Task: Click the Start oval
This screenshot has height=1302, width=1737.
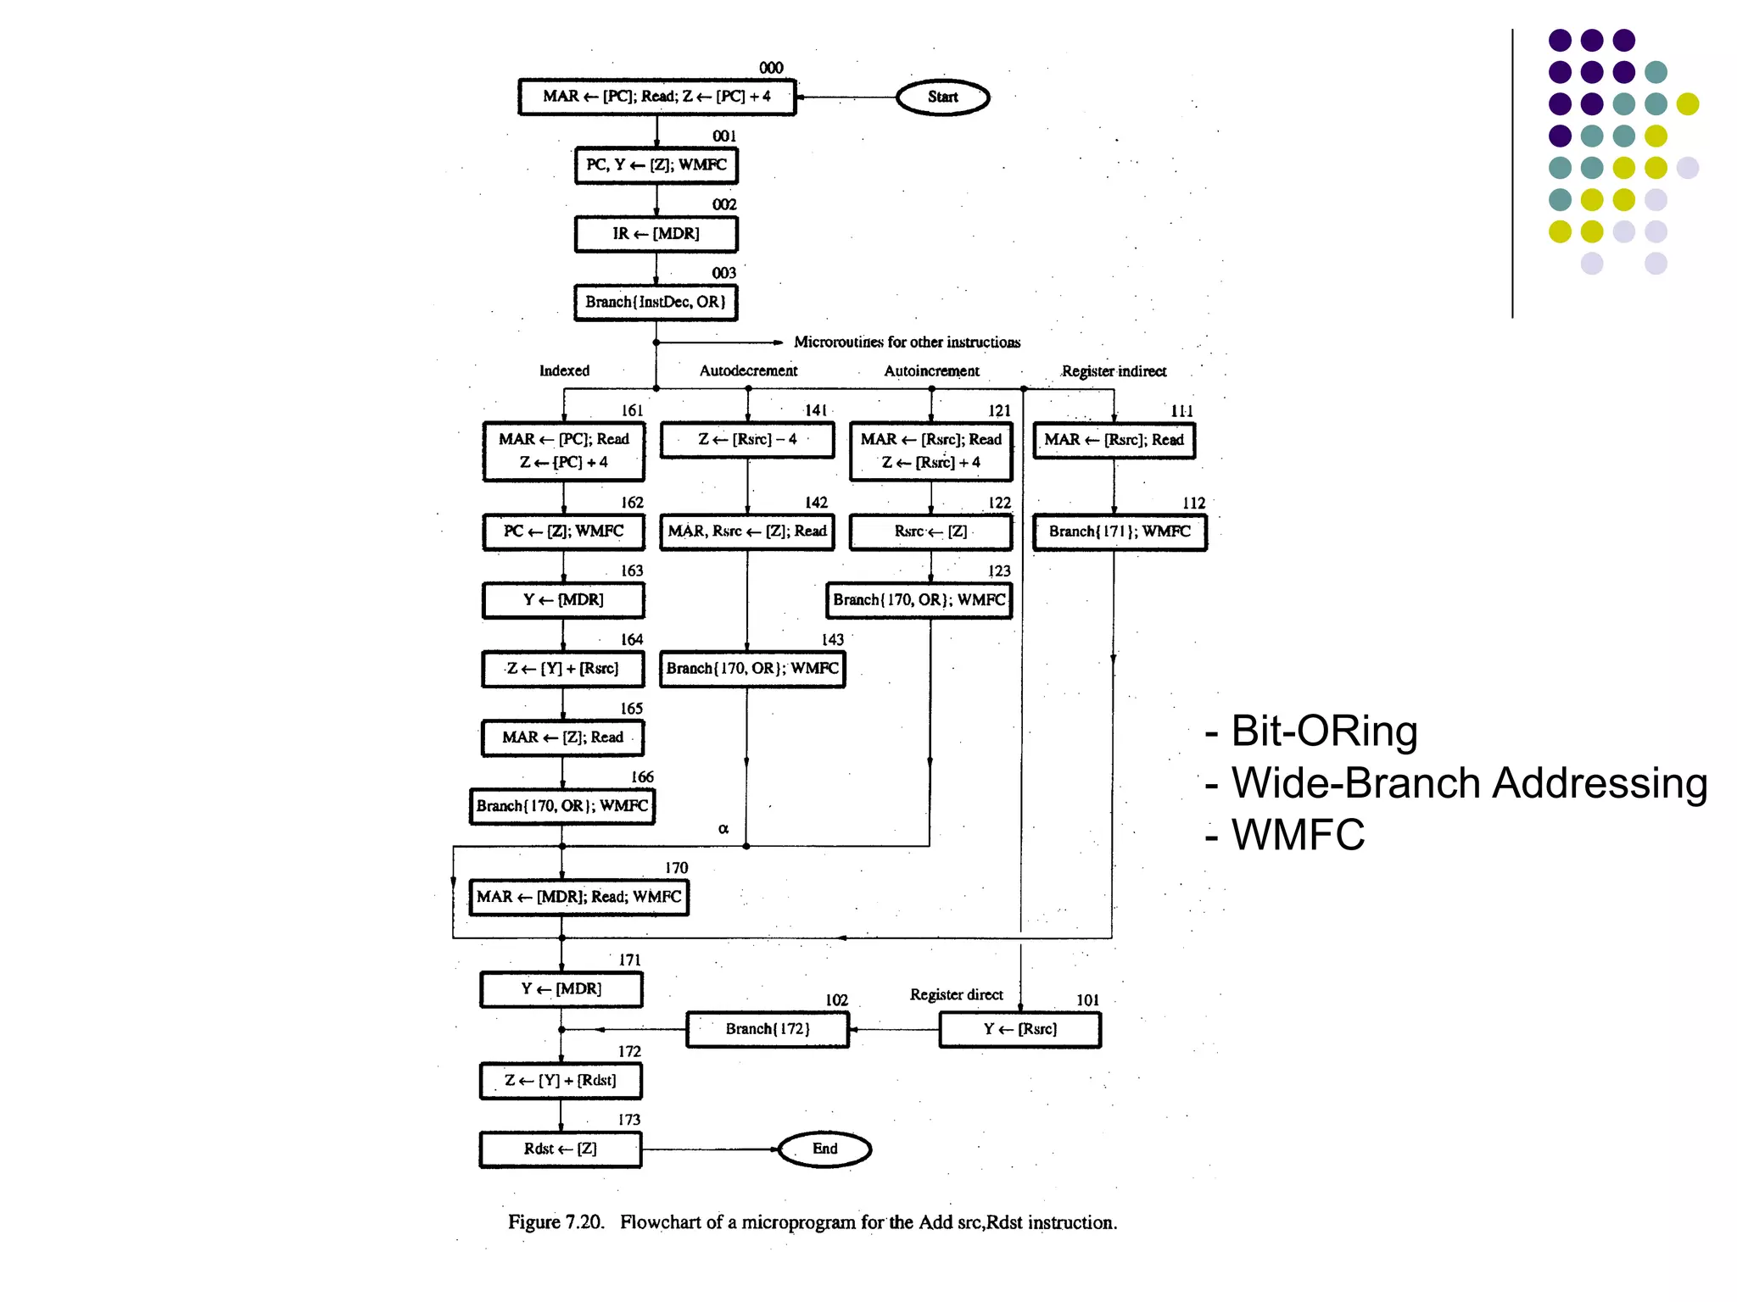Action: click(942, 97)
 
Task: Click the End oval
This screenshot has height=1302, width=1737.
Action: click(824, 1149)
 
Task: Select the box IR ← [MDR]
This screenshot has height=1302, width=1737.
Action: click(656, 234)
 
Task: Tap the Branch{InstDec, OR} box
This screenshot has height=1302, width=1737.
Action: click(656, 303)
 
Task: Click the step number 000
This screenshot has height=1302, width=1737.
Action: click(771, 68)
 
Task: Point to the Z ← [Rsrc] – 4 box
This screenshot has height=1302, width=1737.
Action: click(747, 440)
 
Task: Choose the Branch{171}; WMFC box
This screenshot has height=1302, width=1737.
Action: click(1120, 532)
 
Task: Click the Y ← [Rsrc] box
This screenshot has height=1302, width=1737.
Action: click(1019, 1030)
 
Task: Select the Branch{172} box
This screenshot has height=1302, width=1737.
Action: click(768, 1030)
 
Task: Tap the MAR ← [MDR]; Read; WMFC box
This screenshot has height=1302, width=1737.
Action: click(578, 898)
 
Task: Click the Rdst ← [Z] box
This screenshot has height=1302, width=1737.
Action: click(561, 1149)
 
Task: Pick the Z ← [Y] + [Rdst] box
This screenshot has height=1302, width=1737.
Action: click(561, 1081)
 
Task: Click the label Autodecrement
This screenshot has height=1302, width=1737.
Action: click(748, 371)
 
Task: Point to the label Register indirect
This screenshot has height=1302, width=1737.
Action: click(1114, 371)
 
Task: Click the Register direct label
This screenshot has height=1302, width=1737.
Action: click(956, 994)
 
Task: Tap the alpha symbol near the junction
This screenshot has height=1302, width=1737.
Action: click(723, 828)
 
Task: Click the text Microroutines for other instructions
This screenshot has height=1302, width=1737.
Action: click(907, 342)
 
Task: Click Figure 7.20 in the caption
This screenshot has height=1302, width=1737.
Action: click(556, 1222)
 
